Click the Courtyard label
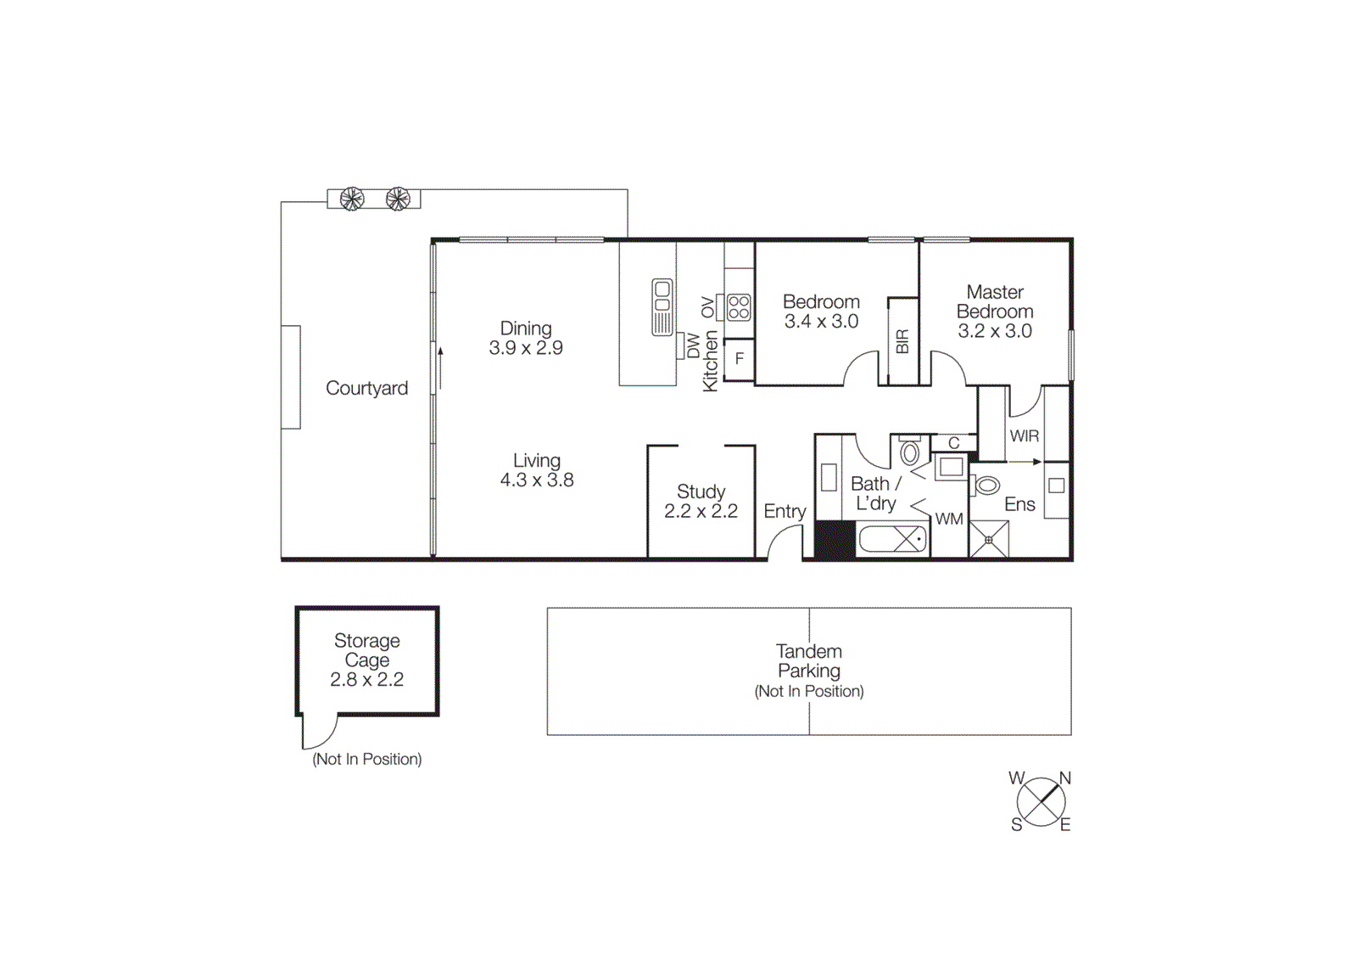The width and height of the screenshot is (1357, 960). (366, 388)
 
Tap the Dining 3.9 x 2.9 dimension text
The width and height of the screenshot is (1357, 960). (526, 348)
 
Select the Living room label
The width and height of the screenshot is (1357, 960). (537, 461)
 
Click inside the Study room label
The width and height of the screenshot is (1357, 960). (701, 492)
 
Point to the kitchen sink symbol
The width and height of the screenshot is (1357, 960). (662, 306)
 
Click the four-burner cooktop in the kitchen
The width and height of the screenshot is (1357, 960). (739, 306)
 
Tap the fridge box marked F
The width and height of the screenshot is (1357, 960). (740, 358)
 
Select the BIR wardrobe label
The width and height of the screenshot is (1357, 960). (902, 341)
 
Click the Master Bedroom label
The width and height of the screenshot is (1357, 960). (995, 302)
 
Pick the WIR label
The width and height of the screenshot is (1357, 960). (1024, 436)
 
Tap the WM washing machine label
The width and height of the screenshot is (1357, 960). (949, 519)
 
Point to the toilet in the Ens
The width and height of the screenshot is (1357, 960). (986, 486)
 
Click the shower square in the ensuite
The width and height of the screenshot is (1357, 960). (989, 540)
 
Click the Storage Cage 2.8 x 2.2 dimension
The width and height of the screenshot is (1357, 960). (366, 680)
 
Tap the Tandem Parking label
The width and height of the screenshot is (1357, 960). (809, 661)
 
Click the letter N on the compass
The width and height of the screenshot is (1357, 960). (1065, 778)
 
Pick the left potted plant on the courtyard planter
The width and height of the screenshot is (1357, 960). (352, 199)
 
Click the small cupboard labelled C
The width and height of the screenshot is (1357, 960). (953, 443)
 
